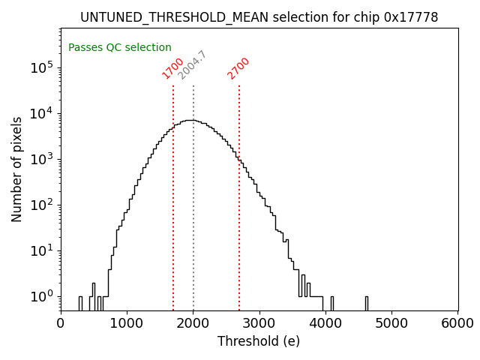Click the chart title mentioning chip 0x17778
259,17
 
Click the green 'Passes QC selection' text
120,47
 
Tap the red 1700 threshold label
173,68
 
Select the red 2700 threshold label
238,68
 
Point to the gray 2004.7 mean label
192,65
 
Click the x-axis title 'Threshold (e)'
259,341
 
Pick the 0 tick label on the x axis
61,323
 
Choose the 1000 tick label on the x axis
127,323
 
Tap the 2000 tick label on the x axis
193,323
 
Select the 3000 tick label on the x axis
259,323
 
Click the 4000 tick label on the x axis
325,323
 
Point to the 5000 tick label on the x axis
391,323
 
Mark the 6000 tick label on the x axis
457,323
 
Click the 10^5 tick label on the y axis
43,67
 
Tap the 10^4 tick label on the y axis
43,113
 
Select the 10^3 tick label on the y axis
43,159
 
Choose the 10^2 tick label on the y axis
43,205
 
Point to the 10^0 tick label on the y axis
43,296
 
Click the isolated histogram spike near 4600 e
367,302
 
